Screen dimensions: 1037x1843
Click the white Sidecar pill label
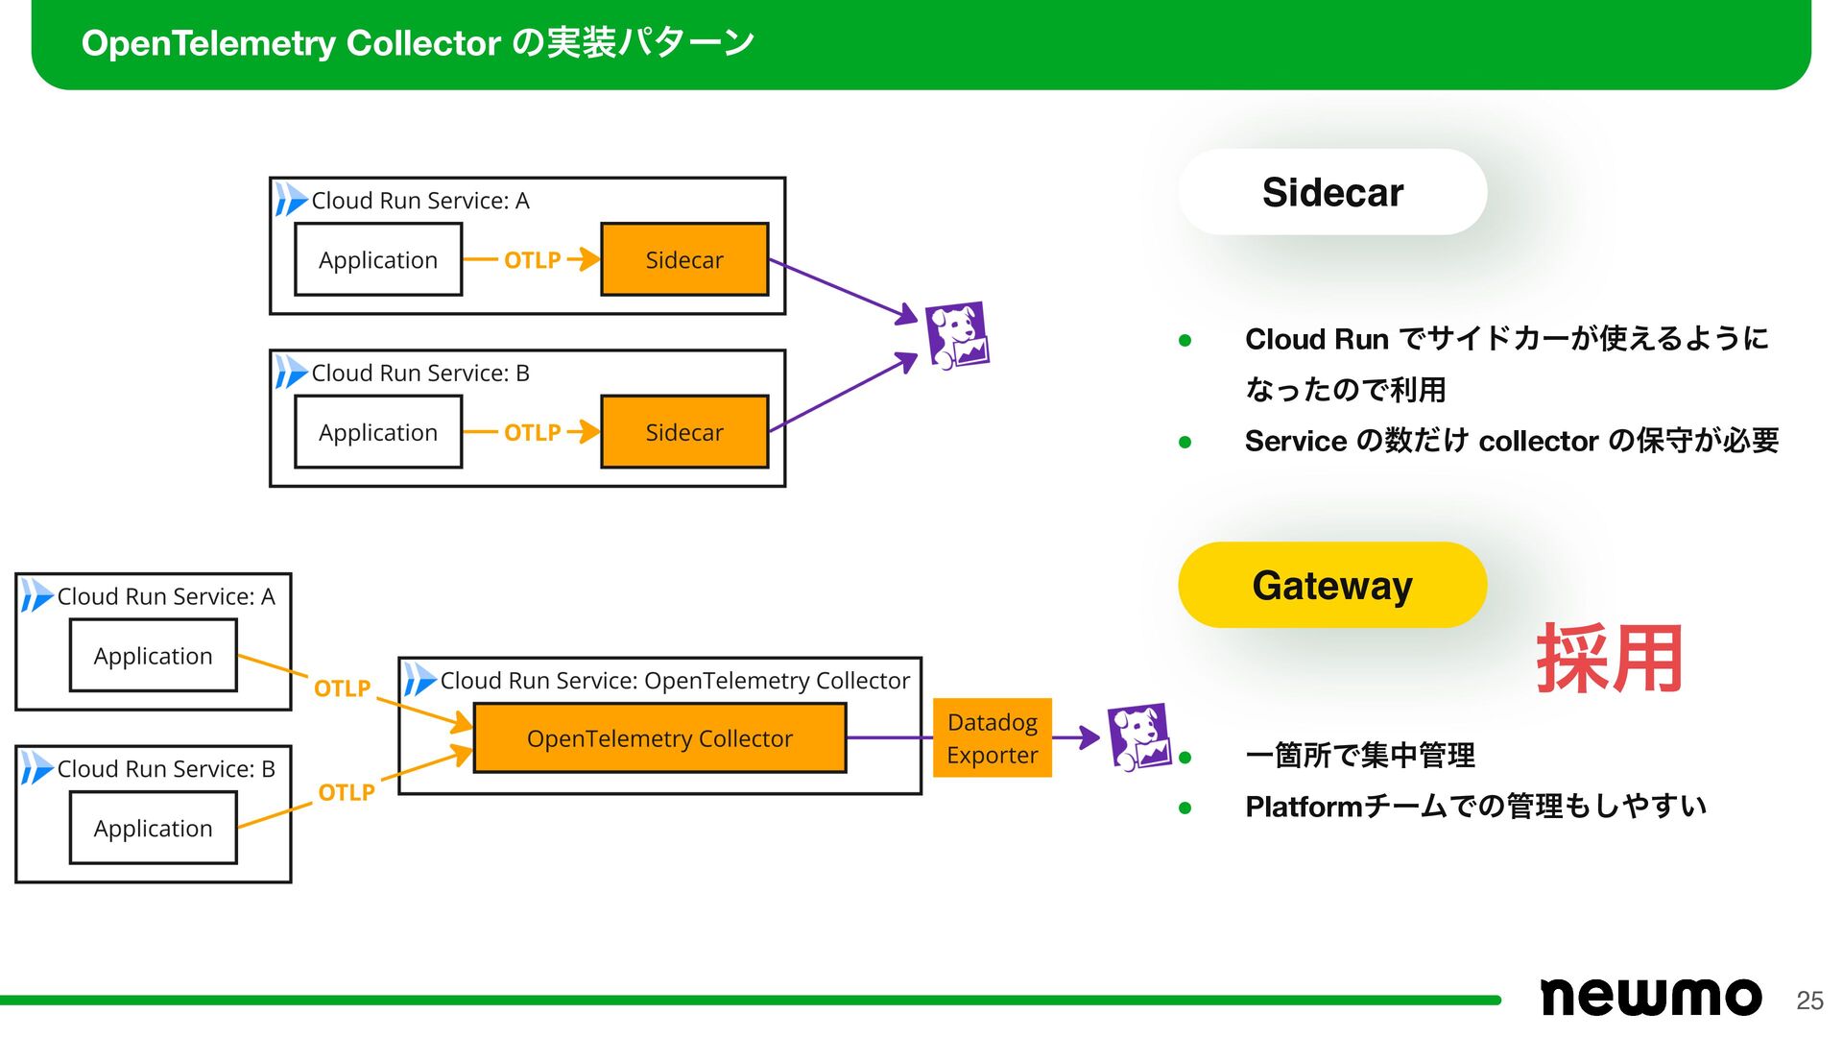(x=1331, y=192)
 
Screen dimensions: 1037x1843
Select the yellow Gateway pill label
(x=1331, y=585)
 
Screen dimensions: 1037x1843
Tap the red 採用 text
(x=1609, y=659)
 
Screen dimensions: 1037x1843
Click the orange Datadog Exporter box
(x=992, y=737)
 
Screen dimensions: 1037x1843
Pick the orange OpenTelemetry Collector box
(x=659, y=737)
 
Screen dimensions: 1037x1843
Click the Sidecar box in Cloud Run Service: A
(x=684, y=259)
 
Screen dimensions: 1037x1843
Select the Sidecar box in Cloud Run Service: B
(x=684, y=432)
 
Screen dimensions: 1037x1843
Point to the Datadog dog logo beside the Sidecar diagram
(x=956, y=336)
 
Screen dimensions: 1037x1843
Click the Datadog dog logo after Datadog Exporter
(x=1138, y=736)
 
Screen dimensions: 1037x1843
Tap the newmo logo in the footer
(x=1650, y=997)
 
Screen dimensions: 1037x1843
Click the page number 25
(x=1809, y=1001)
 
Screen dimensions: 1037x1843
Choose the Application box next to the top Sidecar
(x=378, y=259)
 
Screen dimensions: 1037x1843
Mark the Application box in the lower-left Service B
(x=153, y=828)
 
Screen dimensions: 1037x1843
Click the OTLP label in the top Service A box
(x=532, y=260)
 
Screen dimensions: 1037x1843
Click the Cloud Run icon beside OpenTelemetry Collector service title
(x=419, y=680)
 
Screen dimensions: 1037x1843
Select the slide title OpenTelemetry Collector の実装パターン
(x=418, y=43)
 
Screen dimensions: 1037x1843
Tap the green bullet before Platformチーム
(x=1185, y=808)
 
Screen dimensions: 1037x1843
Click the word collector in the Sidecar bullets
(x=1538, y=441)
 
